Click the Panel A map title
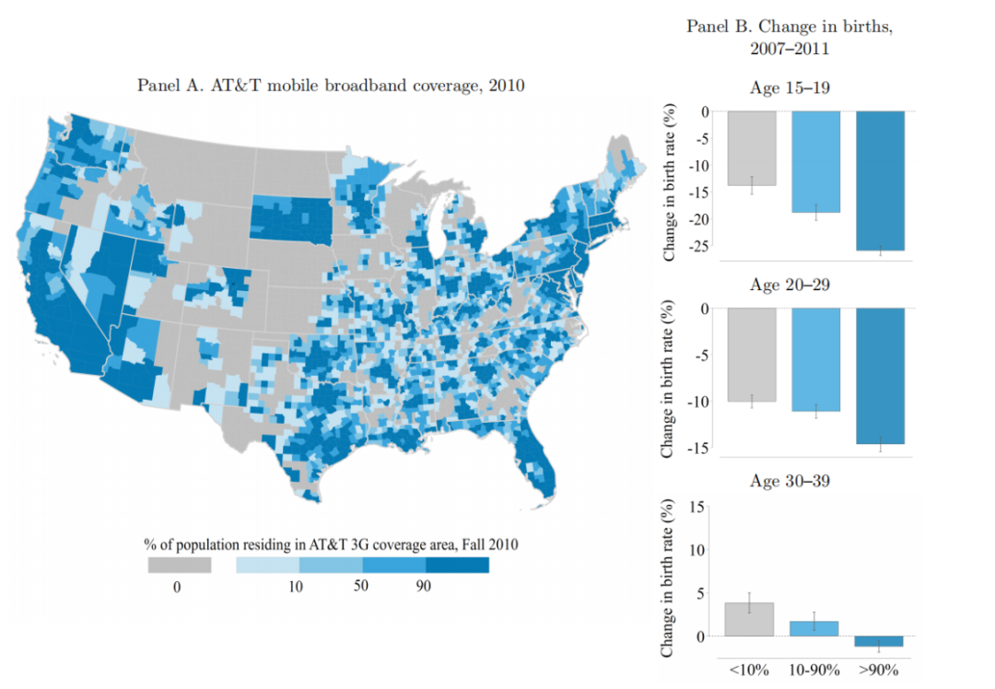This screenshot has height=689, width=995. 331,86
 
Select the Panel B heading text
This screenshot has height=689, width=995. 790,38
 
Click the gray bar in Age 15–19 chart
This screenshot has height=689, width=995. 752,148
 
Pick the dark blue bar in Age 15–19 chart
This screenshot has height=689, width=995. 880,181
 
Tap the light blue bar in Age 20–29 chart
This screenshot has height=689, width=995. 816,360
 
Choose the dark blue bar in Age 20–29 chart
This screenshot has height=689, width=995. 880,376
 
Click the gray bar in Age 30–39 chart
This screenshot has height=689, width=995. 749,619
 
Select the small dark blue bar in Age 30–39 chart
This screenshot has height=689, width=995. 879,641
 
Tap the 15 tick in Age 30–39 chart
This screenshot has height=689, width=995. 696,507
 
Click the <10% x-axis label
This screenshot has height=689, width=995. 749,670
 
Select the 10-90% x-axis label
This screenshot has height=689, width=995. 814,670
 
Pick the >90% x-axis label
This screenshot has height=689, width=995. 879,670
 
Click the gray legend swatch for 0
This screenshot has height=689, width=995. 180,566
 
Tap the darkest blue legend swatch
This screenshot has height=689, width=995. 458,566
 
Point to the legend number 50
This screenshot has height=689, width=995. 360,586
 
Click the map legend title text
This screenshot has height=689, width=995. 331,544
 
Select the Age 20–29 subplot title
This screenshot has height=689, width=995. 790,285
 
